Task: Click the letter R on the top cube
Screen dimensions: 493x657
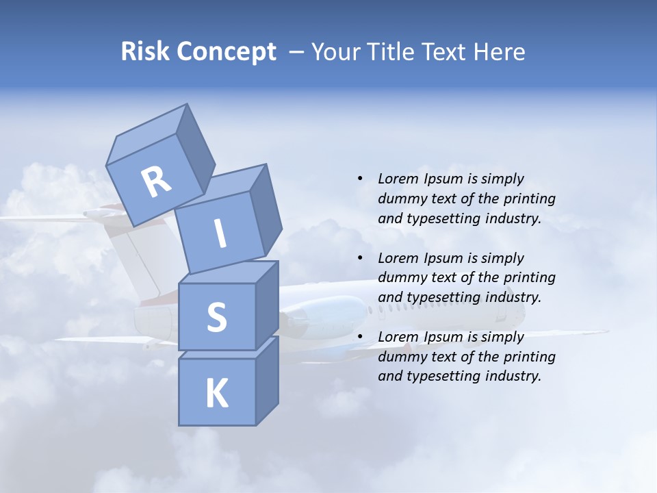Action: point(156,182)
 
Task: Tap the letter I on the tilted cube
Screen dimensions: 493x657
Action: point(220,234)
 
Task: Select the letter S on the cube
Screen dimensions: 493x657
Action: point(216,317)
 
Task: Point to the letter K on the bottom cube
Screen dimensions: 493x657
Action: point(216,394)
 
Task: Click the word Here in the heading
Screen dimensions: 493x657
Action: point(500,51)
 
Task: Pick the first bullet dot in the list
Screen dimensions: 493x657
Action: point(360,179)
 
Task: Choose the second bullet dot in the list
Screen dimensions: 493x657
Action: point(360,258)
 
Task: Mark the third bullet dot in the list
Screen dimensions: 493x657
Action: point(360,337)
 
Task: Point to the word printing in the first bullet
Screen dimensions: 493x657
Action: point(530,199)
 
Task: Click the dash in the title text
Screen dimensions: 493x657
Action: point(296,51)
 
